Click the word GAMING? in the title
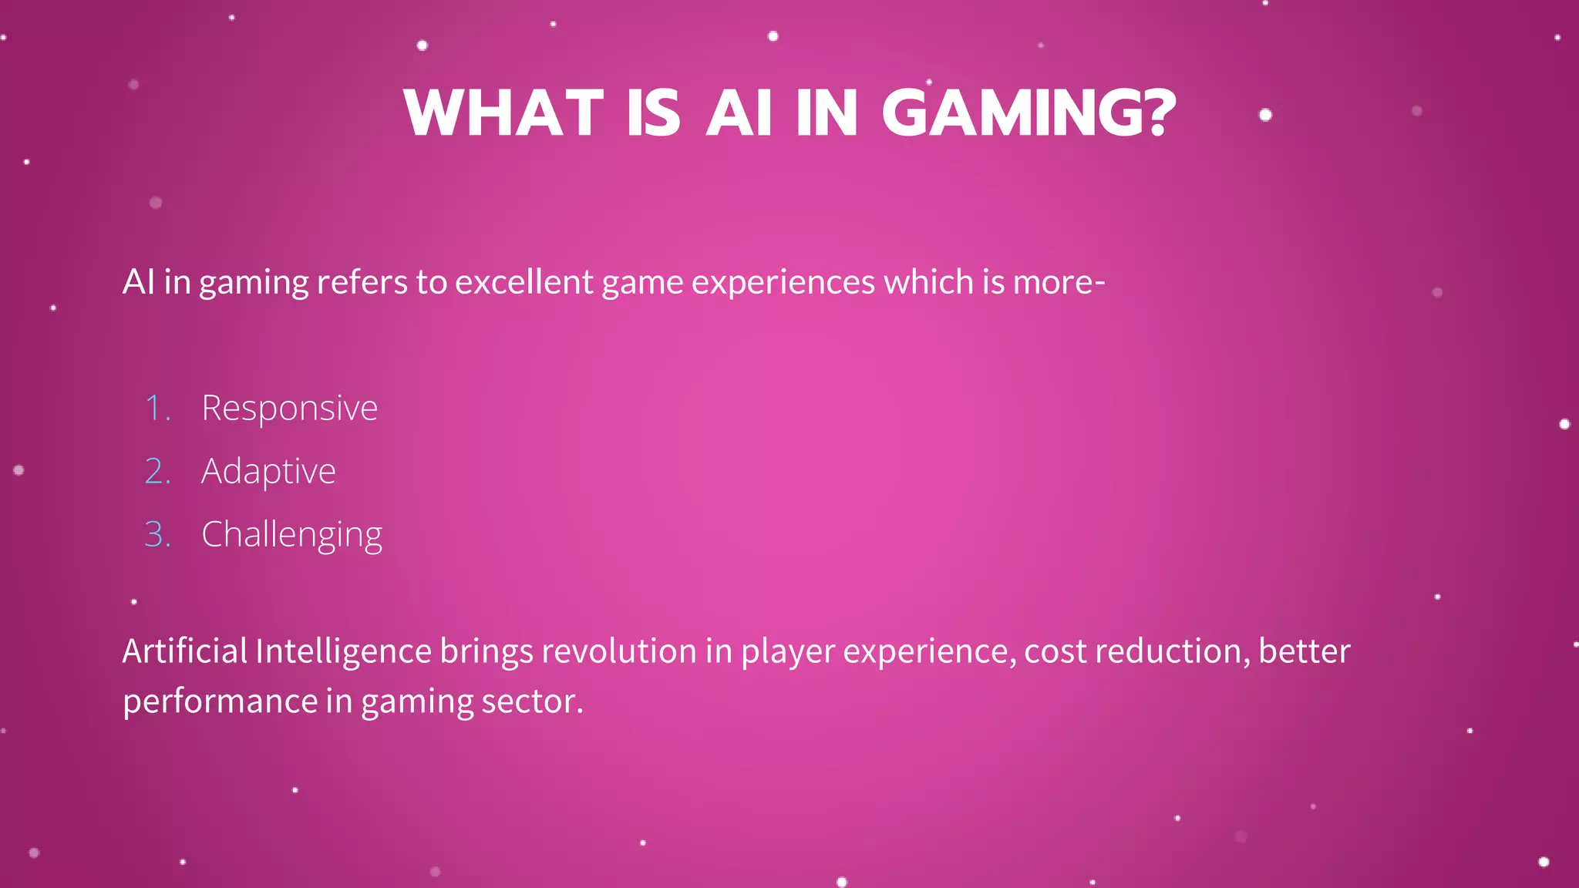coord(1029,113)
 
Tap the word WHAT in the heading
coord(503,113)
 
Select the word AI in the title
coord(739,113)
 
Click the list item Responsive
coord(289,408)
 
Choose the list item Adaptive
coord(268,471)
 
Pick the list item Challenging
coord(291,534)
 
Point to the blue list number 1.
coord(157,408)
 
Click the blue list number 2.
coord(157,471)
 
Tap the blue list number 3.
coord(157,534)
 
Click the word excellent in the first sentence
coord(524,282)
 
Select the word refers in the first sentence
coord(362,282)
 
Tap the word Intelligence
coord(343,651)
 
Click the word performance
coord(221,701)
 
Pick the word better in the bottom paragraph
coord(1305,651)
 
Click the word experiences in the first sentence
coord(783,282)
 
